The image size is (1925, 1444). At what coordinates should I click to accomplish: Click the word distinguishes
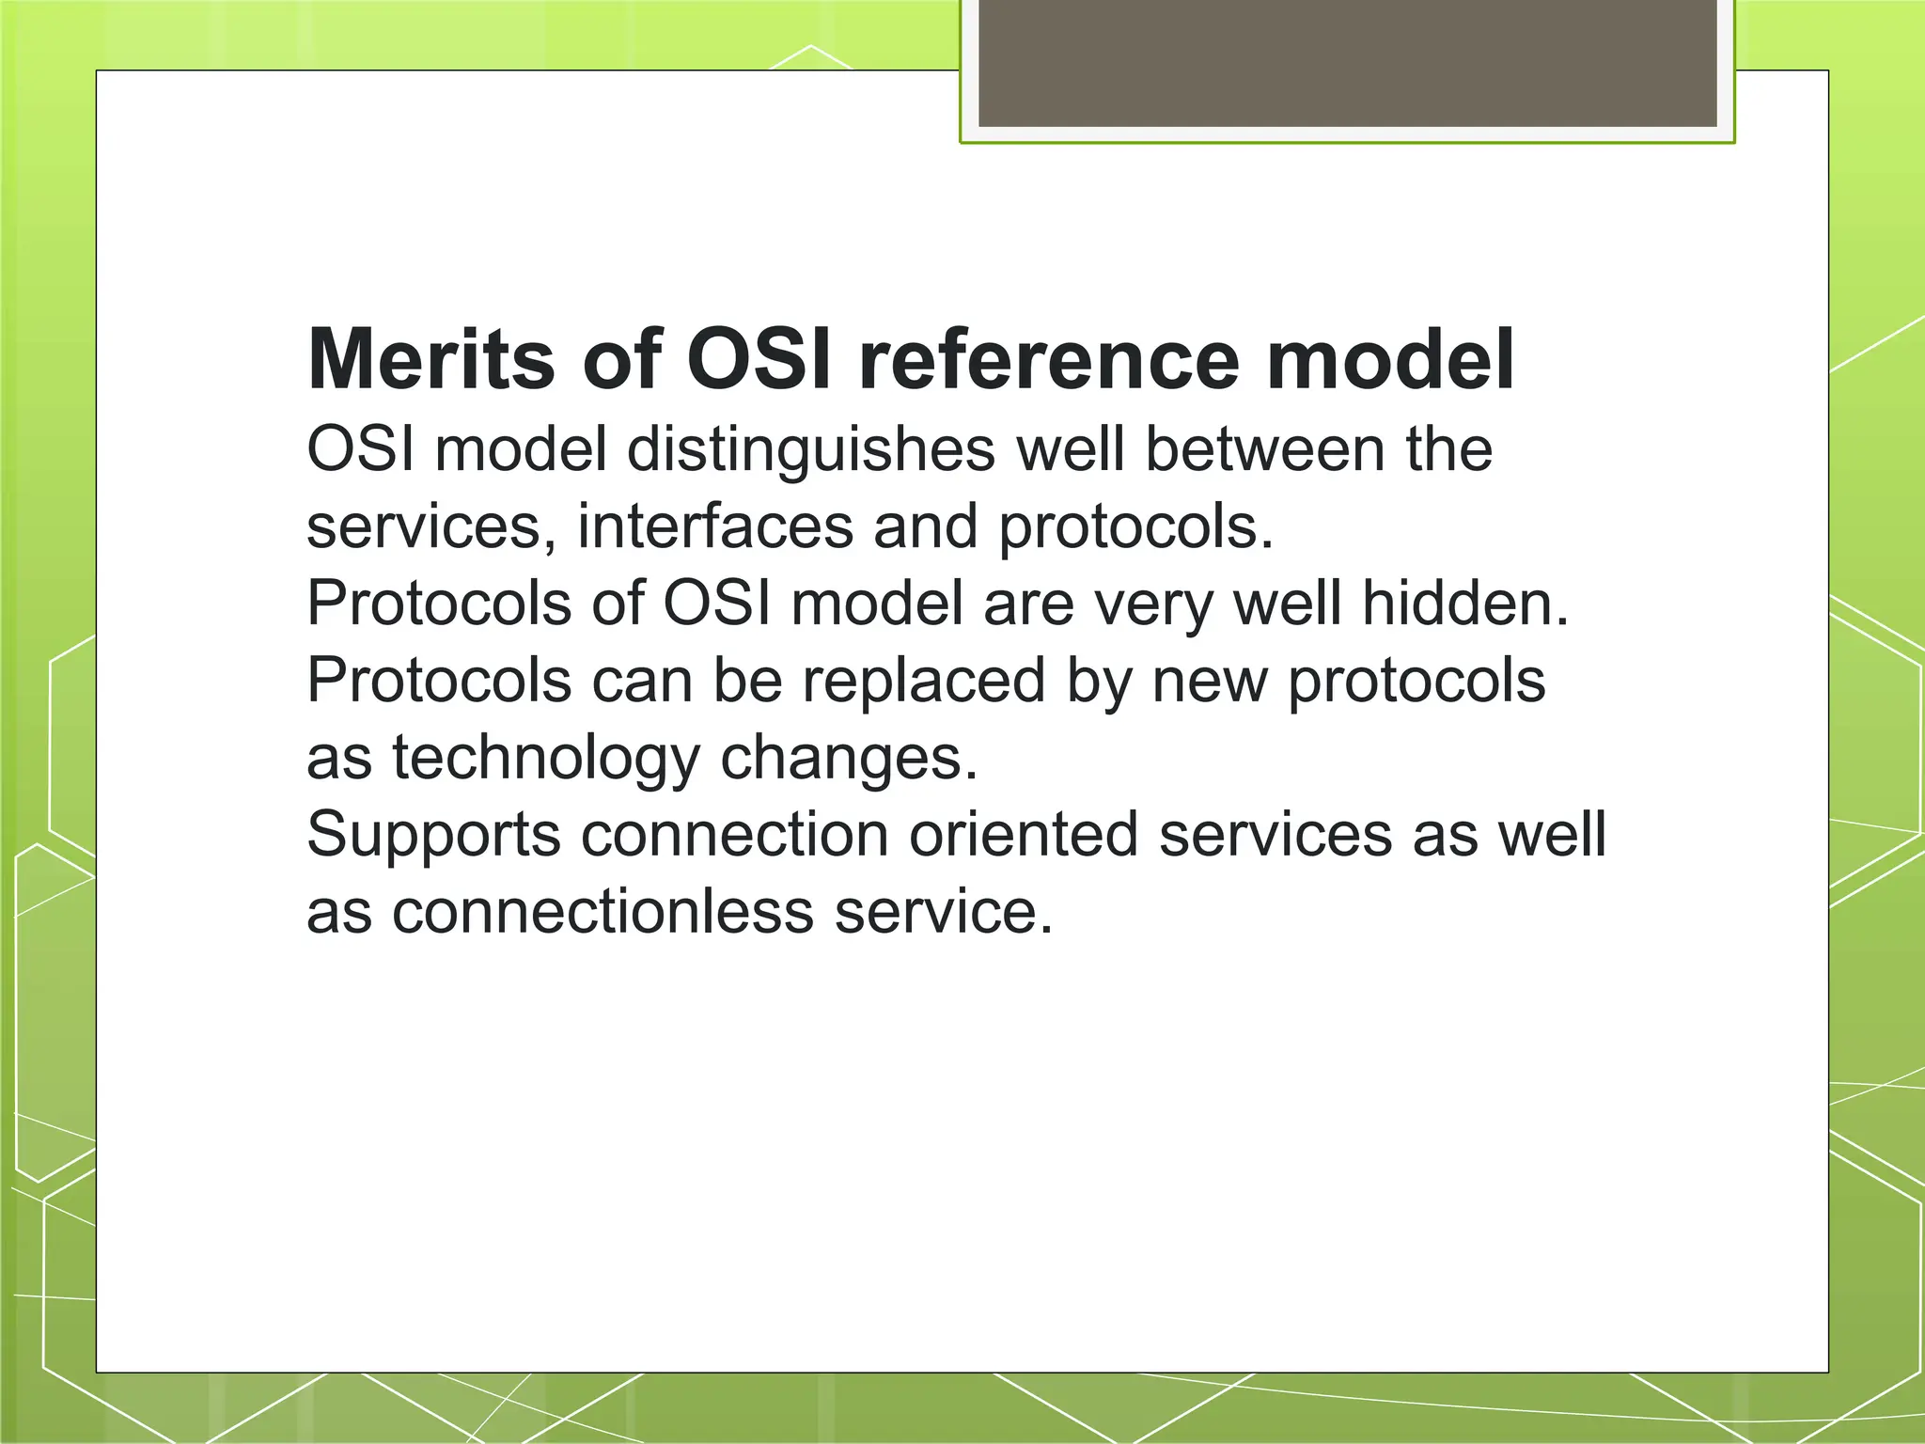click(x=810, y=450)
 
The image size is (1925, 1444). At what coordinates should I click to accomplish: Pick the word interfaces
click(x=714, y=526)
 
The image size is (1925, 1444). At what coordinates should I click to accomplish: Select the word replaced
click(x=923, y=681)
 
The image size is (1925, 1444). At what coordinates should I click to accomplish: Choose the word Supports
click(x=433, y=836)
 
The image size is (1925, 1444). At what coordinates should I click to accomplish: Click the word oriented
click(x=1023, y=834)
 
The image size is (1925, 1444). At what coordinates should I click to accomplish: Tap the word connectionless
click(x=603, y=911)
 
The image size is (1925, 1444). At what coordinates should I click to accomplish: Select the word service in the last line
click(x=943, y=911)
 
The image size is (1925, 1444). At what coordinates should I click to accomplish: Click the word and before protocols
click(x=925, y=526)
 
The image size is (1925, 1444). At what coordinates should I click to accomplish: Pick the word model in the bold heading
click(x=1389, y=360)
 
